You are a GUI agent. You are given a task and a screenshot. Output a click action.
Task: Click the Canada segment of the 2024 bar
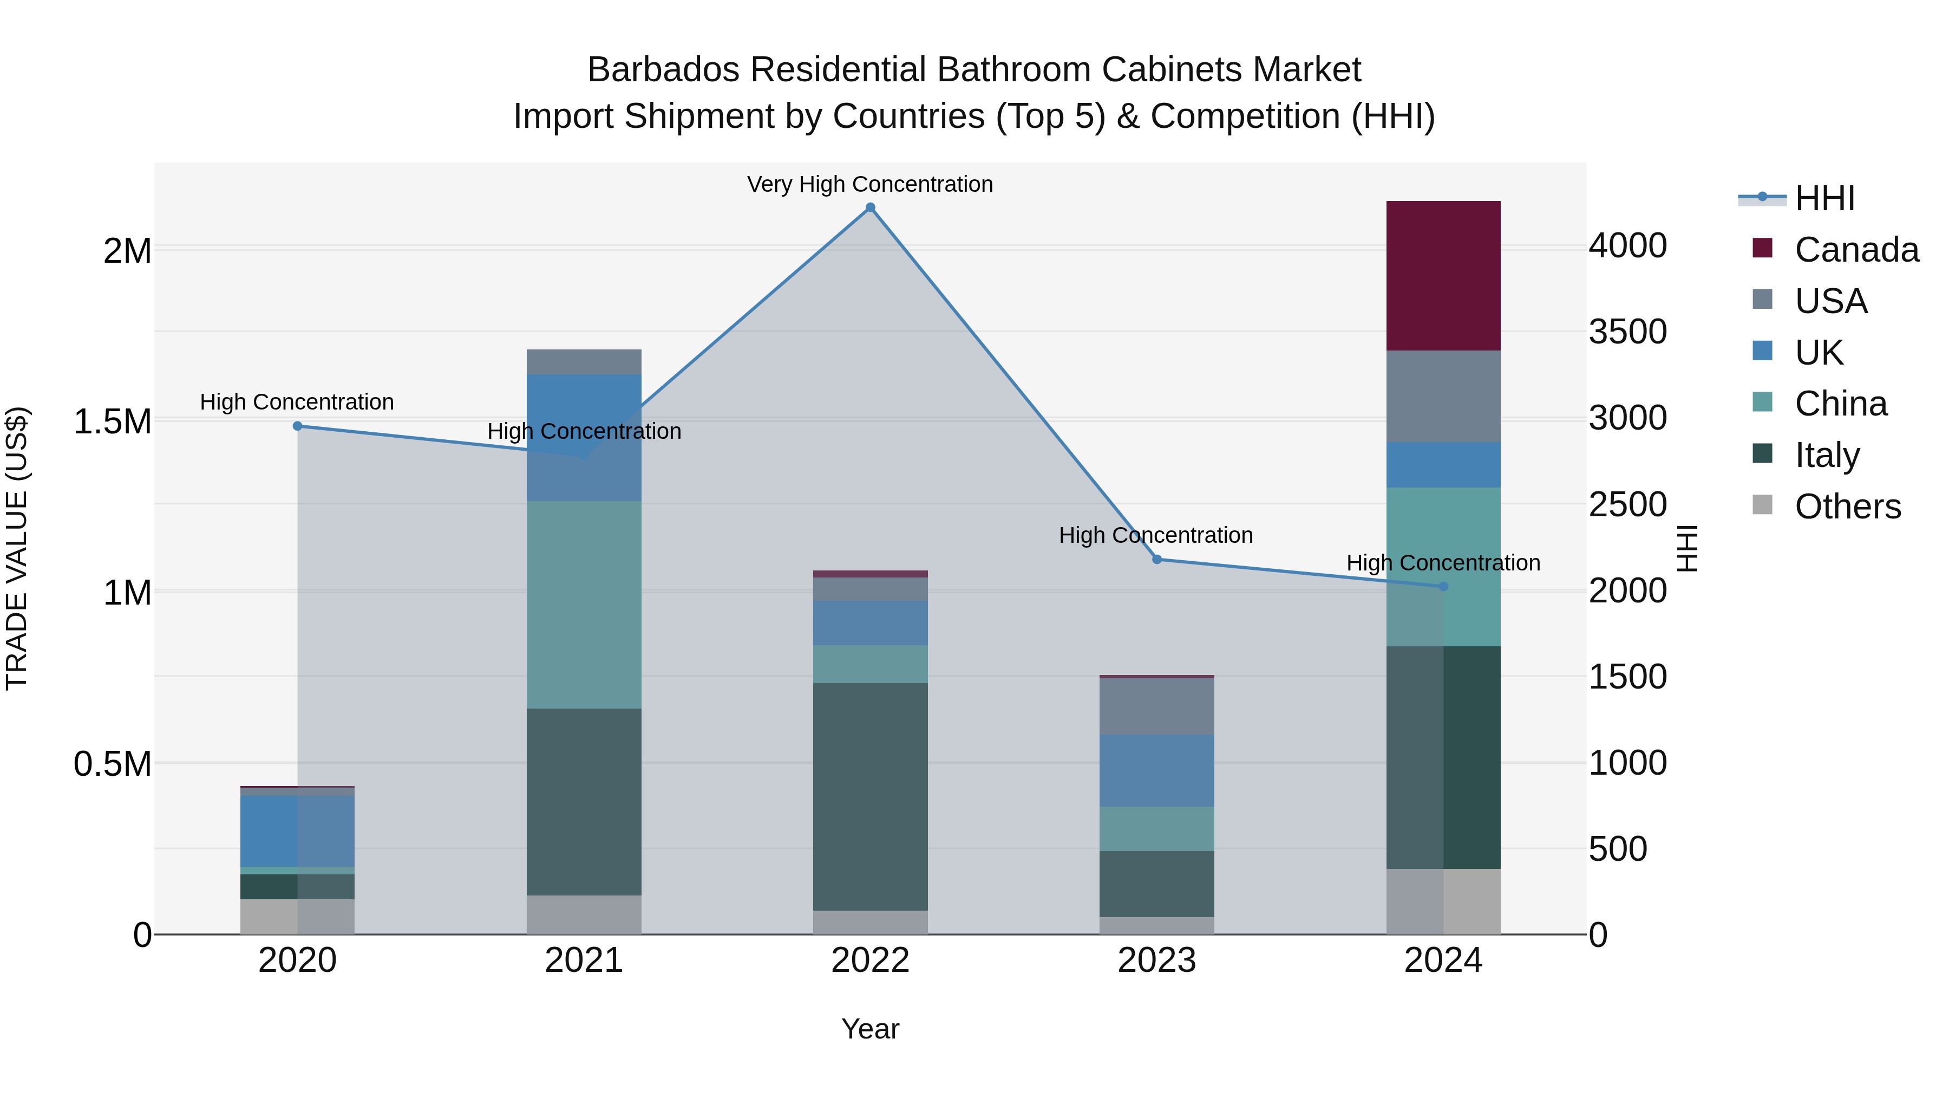tap(1443, 276)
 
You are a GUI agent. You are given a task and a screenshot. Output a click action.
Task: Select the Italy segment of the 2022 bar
tap(870, 796)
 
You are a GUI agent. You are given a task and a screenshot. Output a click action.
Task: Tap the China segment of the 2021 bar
tap(583, 604)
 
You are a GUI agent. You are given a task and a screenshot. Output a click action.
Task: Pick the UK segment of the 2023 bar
tap(1156, 770)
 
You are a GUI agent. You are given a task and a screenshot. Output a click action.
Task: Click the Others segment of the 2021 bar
tap(583, 914)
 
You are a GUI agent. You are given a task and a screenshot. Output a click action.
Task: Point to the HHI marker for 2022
tap(870, 207)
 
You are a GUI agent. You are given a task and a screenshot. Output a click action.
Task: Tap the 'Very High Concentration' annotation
tap(870, 184)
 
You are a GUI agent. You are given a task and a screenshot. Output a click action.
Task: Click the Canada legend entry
tap(1856, 250)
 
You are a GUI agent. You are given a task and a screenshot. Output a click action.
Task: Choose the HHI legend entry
tap(1824, 198)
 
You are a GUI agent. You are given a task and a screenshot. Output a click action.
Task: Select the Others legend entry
tap(1847, 507)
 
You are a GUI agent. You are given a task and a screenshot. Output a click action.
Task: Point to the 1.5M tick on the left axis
tap(113, 421)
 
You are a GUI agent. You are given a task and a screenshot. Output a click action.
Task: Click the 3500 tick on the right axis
tap(1627, 332)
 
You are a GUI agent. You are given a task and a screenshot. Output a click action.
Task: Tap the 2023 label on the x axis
tap(1156, 960)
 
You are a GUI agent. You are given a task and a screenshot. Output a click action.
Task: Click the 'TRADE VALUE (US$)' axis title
tap(17, 548)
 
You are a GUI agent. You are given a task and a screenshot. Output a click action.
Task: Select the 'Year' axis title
tap(870, 1029)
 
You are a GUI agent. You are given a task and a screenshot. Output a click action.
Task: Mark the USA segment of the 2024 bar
tap(1443, 396)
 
